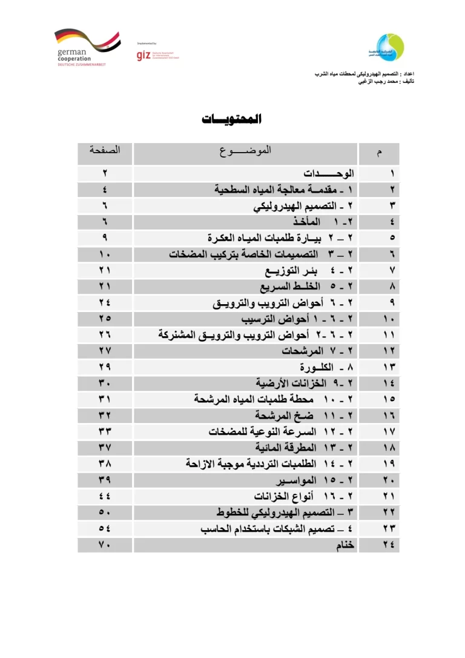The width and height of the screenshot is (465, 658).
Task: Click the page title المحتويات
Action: (232, 119)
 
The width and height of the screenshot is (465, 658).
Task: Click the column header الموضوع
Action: (245, 150)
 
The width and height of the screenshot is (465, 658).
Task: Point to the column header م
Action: (380, 153)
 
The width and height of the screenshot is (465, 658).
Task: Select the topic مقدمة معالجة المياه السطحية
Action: (285, 189)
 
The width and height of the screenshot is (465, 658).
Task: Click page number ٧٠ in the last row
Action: (105, 545)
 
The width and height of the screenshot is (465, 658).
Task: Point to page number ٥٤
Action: (105, 528)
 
